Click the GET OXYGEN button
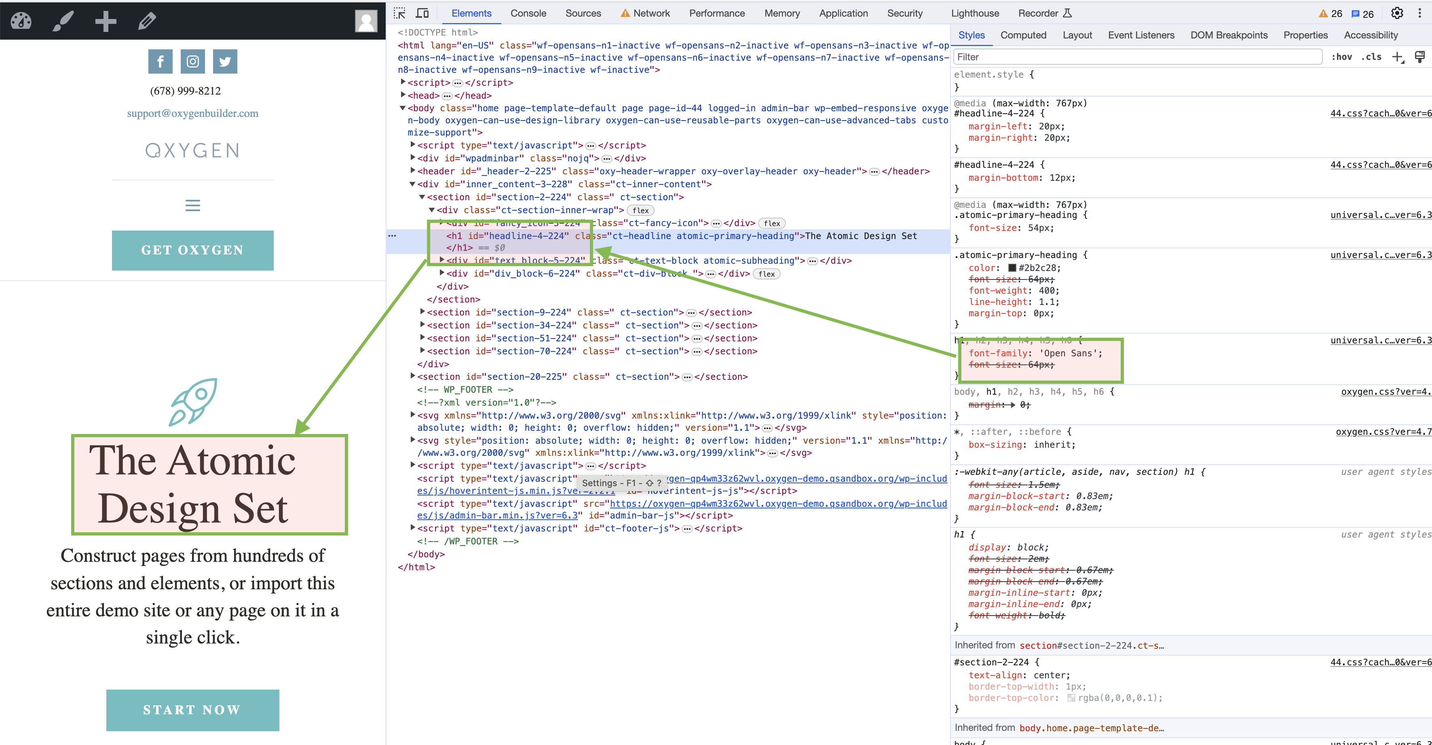192,250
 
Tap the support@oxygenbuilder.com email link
192,113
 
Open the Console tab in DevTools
528,13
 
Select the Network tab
651,13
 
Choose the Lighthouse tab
974,13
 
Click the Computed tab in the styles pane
1023,35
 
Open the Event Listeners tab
1141,35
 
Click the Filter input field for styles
1137,57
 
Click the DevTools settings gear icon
1396,13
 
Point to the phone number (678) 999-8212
185,91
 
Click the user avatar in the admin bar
366,21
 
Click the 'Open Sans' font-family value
1070,353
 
